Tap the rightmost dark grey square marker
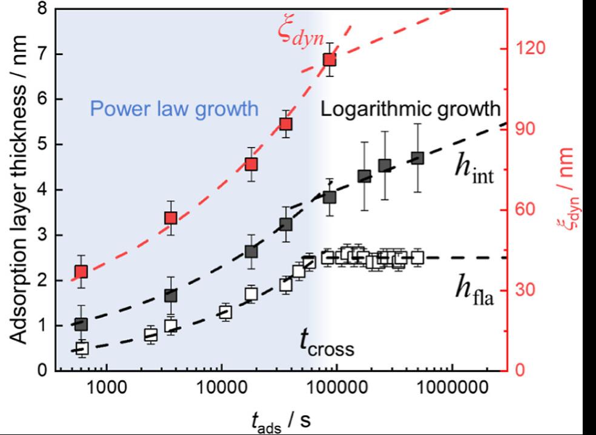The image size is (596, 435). [x=417, y=158]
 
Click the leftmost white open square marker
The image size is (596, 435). [x=82, y=348]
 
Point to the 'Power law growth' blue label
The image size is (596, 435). [x=174, y=110]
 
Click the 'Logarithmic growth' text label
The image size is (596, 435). [x=410, y=110]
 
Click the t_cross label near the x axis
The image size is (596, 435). [x=326, y=342]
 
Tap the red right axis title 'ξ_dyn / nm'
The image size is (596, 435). [x=572, y=187]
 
